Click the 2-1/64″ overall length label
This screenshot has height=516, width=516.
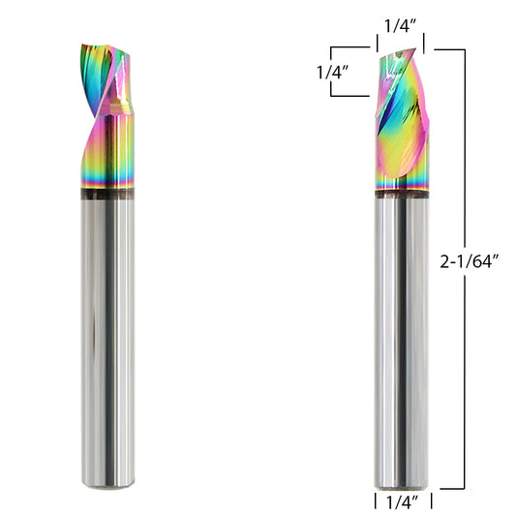click(470, 261)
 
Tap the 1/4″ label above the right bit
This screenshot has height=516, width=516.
click(401, 26)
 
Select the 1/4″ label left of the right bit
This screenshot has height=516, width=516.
click(332, 72)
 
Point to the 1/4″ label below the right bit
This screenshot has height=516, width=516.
click(402, 502)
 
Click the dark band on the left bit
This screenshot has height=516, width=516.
click(107, 194)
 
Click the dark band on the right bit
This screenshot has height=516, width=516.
click(402, 195)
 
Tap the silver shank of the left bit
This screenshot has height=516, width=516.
click(107, 344)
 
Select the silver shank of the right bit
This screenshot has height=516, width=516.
click(402, 344)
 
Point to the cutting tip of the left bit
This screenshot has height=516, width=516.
click(82, 46)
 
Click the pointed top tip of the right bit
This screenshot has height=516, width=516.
click(415, 48)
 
